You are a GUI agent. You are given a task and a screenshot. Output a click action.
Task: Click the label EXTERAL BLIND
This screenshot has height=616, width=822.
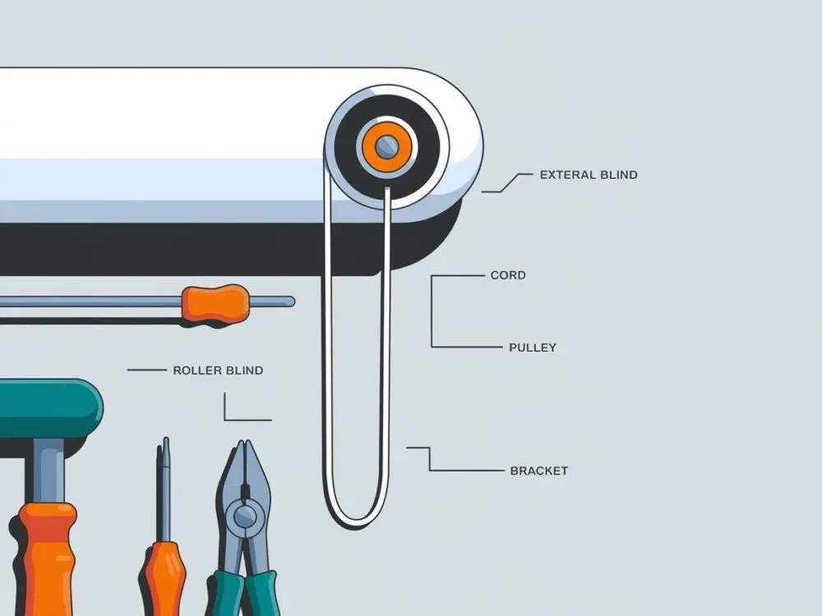pyautogui.click(x=589, y=175)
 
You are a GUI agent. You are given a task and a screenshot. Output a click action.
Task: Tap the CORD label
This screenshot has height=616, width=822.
pyautogui.click(x=508, y=275)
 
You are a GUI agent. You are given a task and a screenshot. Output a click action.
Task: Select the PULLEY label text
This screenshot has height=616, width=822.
pyautogui.click(x=533, y=347)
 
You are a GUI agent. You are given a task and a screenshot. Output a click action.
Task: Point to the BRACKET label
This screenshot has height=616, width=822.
pyautogui.click(x=539, y=471)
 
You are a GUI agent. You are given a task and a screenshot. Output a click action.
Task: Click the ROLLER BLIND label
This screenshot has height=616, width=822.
pyautogui.click(x=218, y=370)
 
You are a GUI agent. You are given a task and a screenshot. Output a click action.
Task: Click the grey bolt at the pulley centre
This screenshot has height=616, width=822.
pyautogui.click(x=387, y=146)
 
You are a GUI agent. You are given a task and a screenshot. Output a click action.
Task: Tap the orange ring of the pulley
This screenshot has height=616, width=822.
pyautogui.click(x=387, y=146)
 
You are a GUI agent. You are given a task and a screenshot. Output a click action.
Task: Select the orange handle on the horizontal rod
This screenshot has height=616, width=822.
pyautogui.click(x=215, y=304)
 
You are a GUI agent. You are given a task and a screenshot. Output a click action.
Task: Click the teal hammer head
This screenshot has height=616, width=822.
pyautogui.click(x=51, y=408)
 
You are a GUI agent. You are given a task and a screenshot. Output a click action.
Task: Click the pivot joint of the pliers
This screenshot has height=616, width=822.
pyautogui.click(x=245, y=517)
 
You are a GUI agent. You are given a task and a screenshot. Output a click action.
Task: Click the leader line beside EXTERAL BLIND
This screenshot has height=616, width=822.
pyautogui.click(x=507, y=183)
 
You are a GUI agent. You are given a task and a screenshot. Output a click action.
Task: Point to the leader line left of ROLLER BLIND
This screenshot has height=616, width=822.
pyautogui.click(x=147, y=370)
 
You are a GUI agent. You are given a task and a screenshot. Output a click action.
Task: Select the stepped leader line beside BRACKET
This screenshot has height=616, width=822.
pyautogui.click(x=455, y=459)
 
